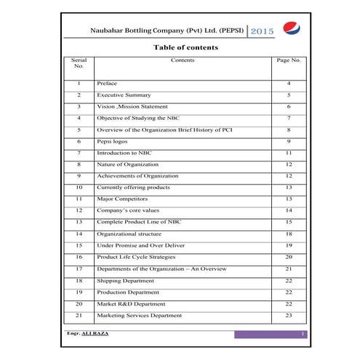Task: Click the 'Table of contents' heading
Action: coord(185,47)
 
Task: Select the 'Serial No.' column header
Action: coord(79,63)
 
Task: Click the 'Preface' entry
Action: coord(107,84)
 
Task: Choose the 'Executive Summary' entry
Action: coord(124,95)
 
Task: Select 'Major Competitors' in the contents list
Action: coord(121,199)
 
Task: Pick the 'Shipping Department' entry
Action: coord(125,280)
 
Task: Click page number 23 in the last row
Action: coord(289,315)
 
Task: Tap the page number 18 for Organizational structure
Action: coord(289,233)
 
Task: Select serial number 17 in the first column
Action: coord(79,268)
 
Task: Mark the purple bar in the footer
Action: coord(270,334)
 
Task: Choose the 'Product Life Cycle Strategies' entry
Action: coord(136,257)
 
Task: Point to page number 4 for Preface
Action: coord(289,84)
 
